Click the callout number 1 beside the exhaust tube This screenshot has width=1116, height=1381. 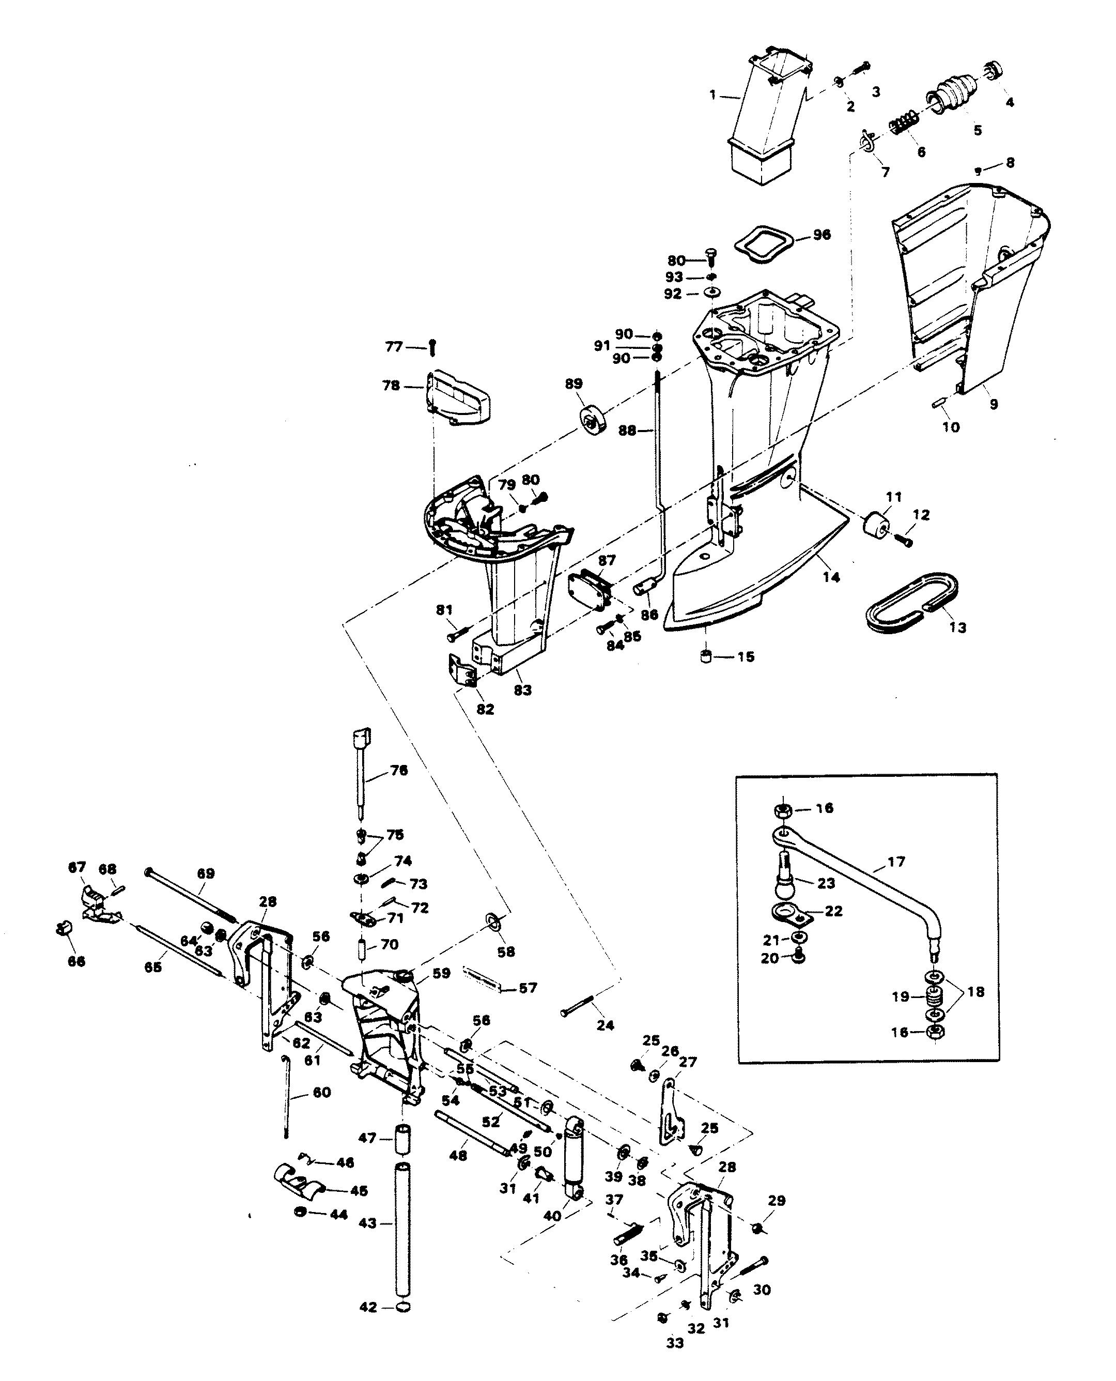click(712, 95)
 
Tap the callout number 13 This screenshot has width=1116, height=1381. click(957, 627)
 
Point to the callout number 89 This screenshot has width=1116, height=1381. click(574, 384)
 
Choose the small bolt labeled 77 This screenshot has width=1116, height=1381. click(432, 348)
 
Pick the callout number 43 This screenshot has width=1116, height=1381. click(367, 1223)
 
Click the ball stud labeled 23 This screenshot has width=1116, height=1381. click(787, 875)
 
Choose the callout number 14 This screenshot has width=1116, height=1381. click(831, 577)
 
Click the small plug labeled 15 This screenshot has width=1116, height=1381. click(706, 657)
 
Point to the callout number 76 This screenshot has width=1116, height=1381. click(398, 770)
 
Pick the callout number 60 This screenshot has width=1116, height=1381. click(321, 1093)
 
